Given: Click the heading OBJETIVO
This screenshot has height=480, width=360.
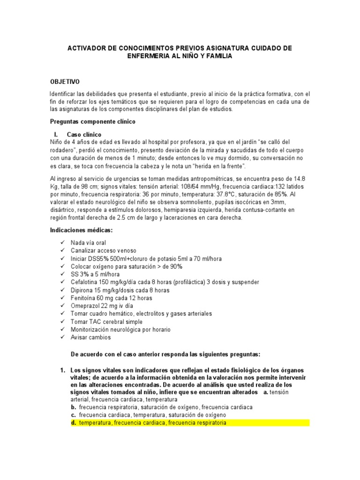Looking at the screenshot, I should point(65,81).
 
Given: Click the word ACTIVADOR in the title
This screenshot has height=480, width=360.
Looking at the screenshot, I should point(88,48).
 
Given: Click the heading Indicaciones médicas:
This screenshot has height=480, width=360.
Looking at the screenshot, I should point(81,231).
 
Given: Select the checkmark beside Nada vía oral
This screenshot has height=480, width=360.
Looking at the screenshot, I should point(62,243).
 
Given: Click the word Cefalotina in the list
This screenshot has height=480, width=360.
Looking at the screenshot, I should point(84,282).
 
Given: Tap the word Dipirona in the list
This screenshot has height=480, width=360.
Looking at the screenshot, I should point(82,290).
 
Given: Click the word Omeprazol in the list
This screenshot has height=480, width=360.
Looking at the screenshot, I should point(84,306).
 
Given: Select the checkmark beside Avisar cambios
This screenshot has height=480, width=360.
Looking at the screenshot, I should point(62,337).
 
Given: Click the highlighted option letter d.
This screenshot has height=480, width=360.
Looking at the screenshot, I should point(74,423).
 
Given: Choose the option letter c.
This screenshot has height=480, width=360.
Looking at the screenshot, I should point(74,415).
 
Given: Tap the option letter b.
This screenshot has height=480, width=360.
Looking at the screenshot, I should point(74,407).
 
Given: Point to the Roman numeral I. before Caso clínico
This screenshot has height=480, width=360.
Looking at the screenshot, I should point(56,134).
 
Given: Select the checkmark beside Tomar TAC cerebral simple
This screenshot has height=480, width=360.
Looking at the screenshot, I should point(62,322).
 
